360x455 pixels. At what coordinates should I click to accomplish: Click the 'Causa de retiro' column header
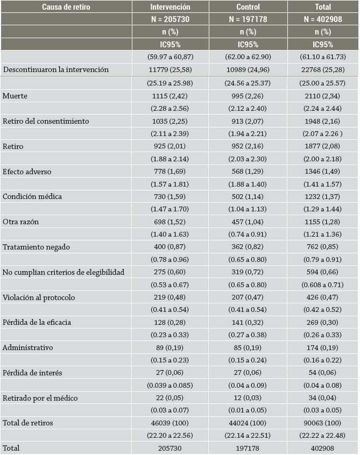pyautogui.click(x=66, y=7)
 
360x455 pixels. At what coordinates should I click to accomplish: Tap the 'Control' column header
pyautogui.click(x=248, y=7)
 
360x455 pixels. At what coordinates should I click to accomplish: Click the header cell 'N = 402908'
pyautogui.click(x=323, y=19)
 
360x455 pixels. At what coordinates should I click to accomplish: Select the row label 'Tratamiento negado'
pyautogui.click(x=36, y=247)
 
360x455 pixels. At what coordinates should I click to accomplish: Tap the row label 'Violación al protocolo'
pyautogui.click(x=39, y=297)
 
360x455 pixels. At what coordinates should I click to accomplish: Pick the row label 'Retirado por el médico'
pyautogui.click(x=40, y=398)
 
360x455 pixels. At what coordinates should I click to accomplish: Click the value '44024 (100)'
pyautogui.click(x=248, y=423)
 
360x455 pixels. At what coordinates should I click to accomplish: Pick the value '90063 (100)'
pyautogui.click(x=323, y=423)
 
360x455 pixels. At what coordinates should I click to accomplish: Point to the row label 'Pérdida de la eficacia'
pyautogui.click(x=37, y=322)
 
